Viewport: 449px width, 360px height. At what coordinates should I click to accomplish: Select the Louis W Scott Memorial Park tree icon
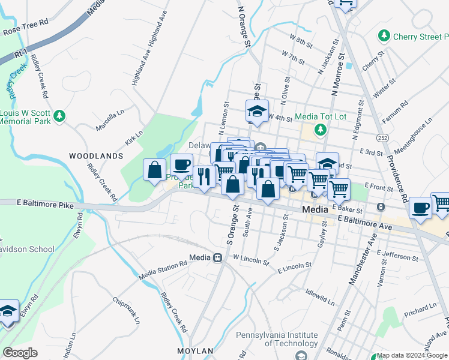[59, 116]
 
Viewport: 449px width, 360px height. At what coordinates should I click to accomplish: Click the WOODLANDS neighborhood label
[95, 156]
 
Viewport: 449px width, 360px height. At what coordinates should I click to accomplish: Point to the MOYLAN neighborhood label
[195, 350]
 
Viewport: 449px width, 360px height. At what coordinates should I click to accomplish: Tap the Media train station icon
[217, 257]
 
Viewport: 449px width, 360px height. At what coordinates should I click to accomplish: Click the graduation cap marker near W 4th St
[256, 110]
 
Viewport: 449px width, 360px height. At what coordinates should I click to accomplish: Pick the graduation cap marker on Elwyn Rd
[8, 311]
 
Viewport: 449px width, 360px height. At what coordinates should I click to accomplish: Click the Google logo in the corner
[20, 352]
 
